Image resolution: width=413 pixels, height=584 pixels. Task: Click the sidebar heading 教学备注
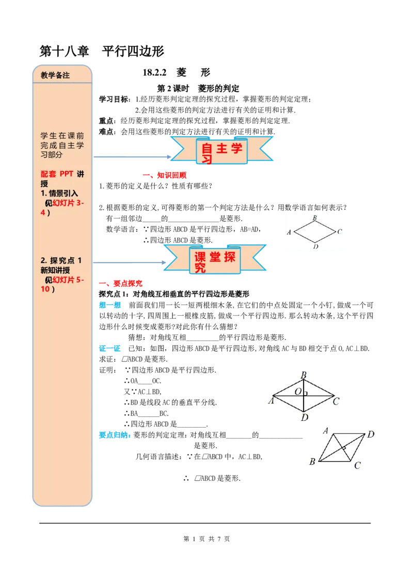(x=55, y=75)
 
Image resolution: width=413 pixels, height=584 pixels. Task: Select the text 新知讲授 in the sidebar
(x=55, y=270)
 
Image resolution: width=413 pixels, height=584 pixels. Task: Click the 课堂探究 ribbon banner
(x=215, y=259)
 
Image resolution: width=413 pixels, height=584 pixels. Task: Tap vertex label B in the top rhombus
(x=314, y=218)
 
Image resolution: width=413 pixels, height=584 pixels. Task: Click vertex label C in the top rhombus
(x=339, y=232)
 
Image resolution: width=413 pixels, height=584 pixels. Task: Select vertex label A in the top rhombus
(x=289, y=232)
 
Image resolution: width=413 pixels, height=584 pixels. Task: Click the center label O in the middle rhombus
(x=298, y=392)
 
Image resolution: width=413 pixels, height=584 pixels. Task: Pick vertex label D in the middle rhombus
(x=305, y=417)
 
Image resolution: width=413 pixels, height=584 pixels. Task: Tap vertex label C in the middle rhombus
(x=336, y=401)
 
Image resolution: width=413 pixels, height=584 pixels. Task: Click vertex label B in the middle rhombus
(x=304, y=375)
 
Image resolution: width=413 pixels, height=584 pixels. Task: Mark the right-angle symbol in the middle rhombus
(x=306, y=394)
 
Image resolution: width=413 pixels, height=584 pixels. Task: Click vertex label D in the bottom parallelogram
(x=370, y=435)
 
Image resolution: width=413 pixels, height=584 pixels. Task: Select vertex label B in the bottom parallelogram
(x=312, y=462)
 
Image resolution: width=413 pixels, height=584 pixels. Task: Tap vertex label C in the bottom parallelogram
(x=357, y=465)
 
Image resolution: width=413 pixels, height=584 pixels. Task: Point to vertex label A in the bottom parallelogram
(x=326, y=430)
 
